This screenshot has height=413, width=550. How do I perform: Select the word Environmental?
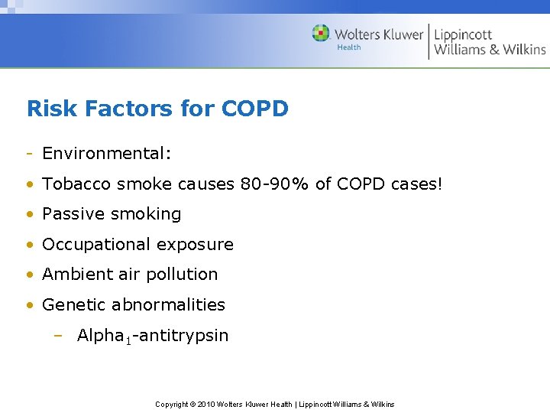point(106,154)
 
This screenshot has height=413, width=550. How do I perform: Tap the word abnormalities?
point(168,304)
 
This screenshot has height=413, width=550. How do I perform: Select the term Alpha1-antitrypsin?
point(153,336)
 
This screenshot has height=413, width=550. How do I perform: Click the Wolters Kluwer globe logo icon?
point(321,34)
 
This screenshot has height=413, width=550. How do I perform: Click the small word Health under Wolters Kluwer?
point(349,47)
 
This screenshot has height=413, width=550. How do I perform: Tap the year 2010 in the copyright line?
point(208,404)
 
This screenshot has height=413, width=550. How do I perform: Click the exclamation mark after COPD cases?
point(439,184)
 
